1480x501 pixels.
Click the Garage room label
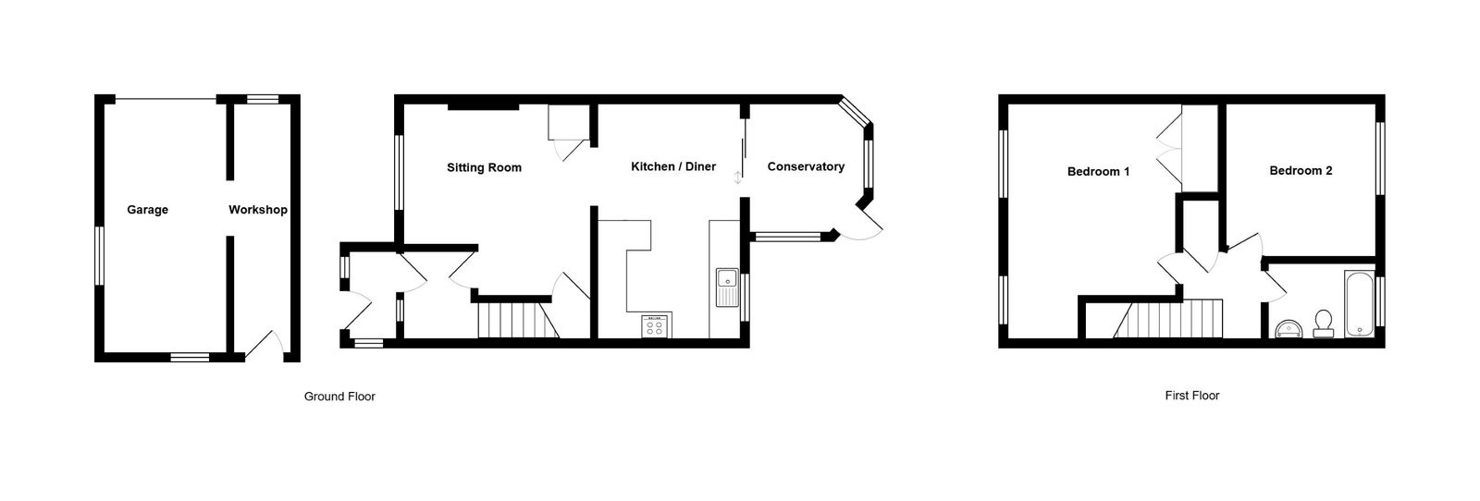pyautogui.click(x=147, y=210)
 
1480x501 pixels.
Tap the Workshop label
pyautogui.click(x=258, y=210)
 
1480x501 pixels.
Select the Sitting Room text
pyautogui.click(x=484, y=167)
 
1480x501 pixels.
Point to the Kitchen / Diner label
pyautogui.click(x=673, y=166)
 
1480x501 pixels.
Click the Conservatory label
pyautogui.click(x=806, y=166)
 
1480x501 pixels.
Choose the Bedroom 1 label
pyautogui.click(x=1098, y=172)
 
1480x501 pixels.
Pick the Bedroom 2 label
pyautogui.click(x=1301, y=170)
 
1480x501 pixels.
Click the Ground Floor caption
pyautogui.click(x=339, y=396)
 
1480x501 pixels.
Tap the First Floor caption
pyautogui.click(x=1192, y=396)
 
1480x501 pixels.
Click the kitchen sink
pyautogui.click(x=727, y=287)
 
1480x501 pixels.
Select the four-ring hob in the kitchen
pyautogui.click(x=655, y=326)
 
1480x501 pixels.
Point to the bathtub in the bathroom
pyautogui.click(x=1359, y=303)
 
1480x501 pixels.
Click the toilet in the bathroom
pyautogui.click(x=1324, y=324)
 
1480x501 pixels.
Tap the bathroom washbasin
pyautogui.click(x=1289, y=329)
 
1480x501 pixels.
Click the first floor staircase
pyautogui.click(x=1167, y=319)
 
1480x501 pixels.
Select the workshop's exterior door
pyautogui.click(x=265, y=345)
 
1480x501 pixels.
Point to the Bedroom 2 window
pyautogui.click(x=1380, y=158)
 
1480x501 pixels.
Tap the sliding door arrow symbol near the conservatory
pyautogui.click(x=738, y=177)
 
